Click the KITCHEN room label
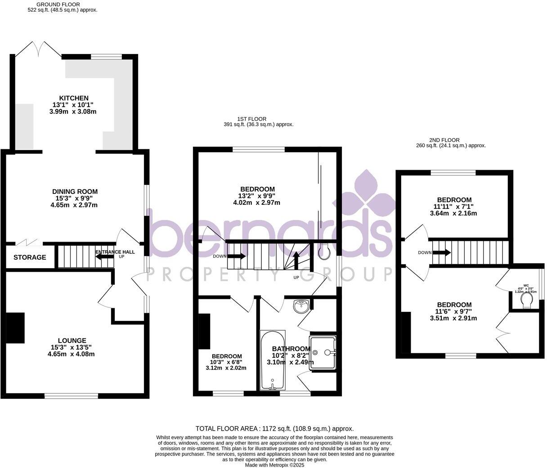(74, 98)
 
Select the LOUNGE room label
(72, 341)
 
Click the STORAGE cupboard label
(30, 257)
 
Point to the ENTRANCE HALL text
(115, 252)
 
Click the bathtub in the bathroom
(272, 360)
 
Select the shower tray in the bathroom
(323, 352)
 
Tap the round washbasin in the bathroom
(301, 307)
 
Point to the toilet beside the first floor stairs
(323, 253)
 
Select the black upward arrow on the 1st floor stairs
(296, 260)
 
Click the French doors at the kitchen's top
(39, 49)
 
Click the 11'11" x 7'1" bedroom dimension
(454, 207)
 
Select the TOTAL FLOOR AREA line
(274, 429)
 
